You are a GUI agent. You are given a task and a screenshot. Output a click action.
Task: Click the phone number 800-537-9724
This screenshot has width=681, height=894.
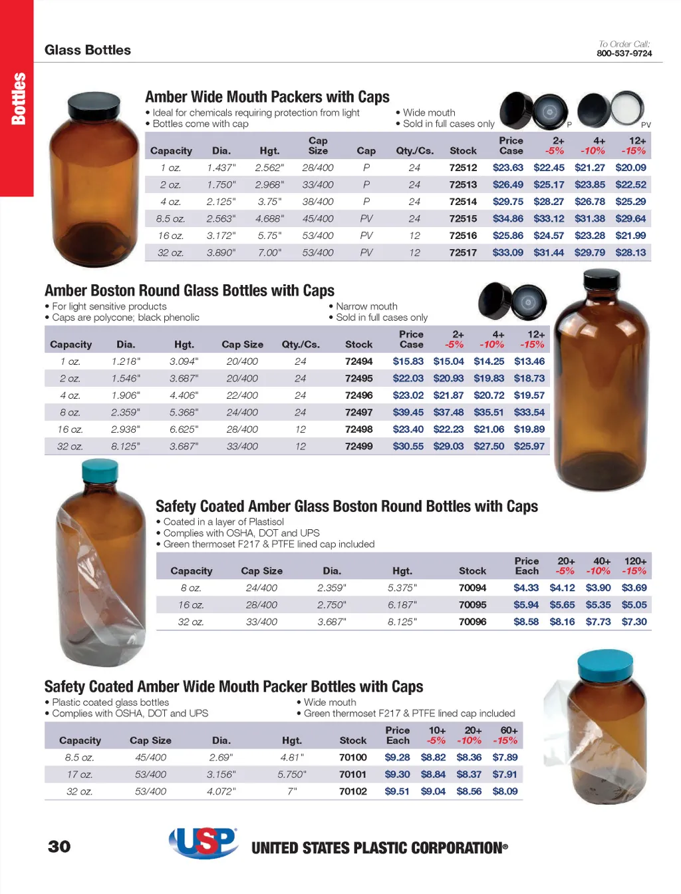(x=624, y=53)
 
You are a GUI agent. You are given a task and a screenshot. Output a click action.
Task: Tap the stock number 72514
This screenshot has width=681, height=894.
(x=463, y=202)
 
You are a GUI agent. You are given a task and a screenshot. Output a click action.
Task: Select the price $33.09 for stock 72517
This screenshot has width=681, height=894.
(x=507, y=253)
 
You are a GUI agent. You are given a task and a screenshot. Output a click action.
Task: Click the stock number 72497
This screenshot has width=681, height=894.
(x=358, y=413)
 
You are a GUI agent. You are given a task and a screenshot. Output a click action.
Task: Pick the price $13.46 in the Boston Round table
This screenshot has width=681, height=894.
(x=529, y=361)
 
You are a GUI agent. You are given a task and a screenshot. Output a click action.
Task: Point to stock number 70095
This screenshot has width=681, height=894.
(x=472, y=605)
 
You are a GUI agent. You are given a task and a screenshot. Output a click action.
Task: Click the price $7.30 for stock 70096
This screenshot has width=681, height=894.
(x=634, y=622)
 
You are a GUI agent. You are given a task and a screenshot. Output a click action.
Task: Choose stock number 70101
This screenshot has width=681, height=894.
(x=352, y=774)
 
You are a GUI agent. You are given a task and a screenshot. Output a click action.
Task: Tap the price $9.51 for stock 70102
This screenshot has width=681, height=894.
(x=397, y=791)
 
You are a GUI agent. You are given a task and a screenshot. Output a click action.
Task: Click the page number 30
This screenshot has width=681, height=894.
(x=59, y=846)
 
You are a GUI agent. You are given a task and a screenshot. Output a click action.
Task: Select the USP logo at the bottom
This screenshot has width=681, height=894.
(x=204, y=842)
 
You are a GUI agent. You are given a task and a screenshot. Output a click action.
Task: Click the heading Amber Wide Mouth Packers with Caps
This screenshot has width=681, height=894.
(x=267, y=97)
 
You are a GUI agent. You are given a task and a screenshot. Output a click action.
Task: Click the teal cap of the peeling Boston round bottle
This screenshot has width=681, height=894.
(x=100, y=471)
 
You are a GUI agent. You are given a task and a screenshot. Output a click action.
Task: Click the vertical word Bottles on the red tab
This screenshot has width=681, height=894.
(x=19, y=99)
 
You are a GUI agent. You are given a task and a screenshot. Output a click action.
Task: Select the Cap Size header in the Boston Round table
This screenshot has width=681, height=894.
(x=242, y=345)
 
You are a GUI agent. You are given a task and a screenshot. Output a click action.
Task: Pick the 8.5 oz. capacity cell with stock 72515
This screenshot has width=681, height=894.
(x=170, y=219)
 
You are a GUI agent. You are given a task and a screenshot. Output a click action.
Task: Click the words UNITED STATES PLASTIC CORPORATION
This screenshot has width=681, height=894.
(x=379, y=848)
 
